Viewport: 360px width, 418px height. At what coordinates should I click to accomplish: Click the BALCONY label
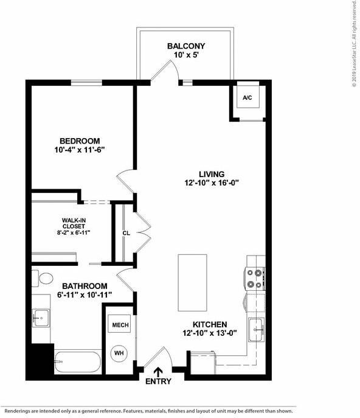(x=185, y=46)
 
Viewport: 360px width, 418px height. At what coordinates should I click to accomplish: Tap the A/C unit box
(x=247, y=97)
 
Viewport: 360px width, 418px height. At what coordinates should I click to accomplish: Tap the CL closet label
(x=126, y=232)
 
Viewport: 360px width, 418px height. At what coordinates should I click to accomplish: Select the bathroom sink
(x=41, y=317)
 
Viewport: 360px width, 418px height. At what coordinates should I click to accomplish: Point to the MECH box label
(x=120, y=326)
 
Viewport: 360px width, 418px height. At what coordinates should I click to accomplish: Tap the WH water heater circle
(x=119, y=352)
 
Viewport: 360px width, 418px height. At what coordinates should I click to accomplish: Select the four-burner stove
(x=254, y=279)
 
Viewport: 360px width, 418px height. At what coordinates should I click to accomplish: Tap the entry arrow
(x=159, y=372)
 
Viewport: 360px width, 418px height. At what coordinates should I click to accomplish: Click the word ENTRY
(x=158, y=381)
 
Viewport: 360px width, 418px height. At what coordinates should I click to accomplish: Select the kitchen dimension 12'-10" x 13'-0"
(x=210, y=333)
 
